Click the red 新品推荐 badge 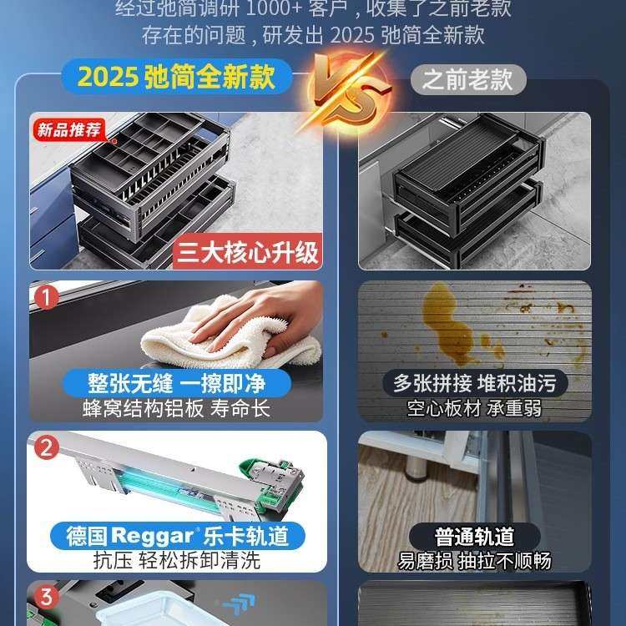click(x=69, y=129)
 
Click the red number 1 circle click(x=47, y=297)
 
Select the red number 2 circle click(x=47, y=447)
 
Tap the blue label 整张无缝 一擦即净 click(x=176, y=383)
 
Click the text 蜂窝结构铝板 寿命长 click(x=176, y=409)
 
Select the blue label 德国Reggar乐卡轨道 click(x=184, y=534)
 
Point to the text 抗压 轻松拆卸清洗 click(x=176, y=560)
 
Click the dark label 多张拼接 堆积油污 click(x=475, y=383)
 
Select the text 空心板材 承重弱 click(x=475, y=409)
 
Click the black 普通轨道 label click(x=474, y=535)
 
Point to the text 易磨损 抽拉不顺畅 click(x=474, y=560)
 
